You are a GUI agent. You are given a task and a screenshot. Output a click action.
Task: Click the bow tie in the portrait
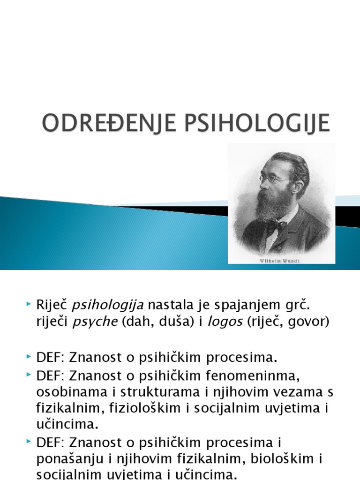(x=276, y=226)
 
